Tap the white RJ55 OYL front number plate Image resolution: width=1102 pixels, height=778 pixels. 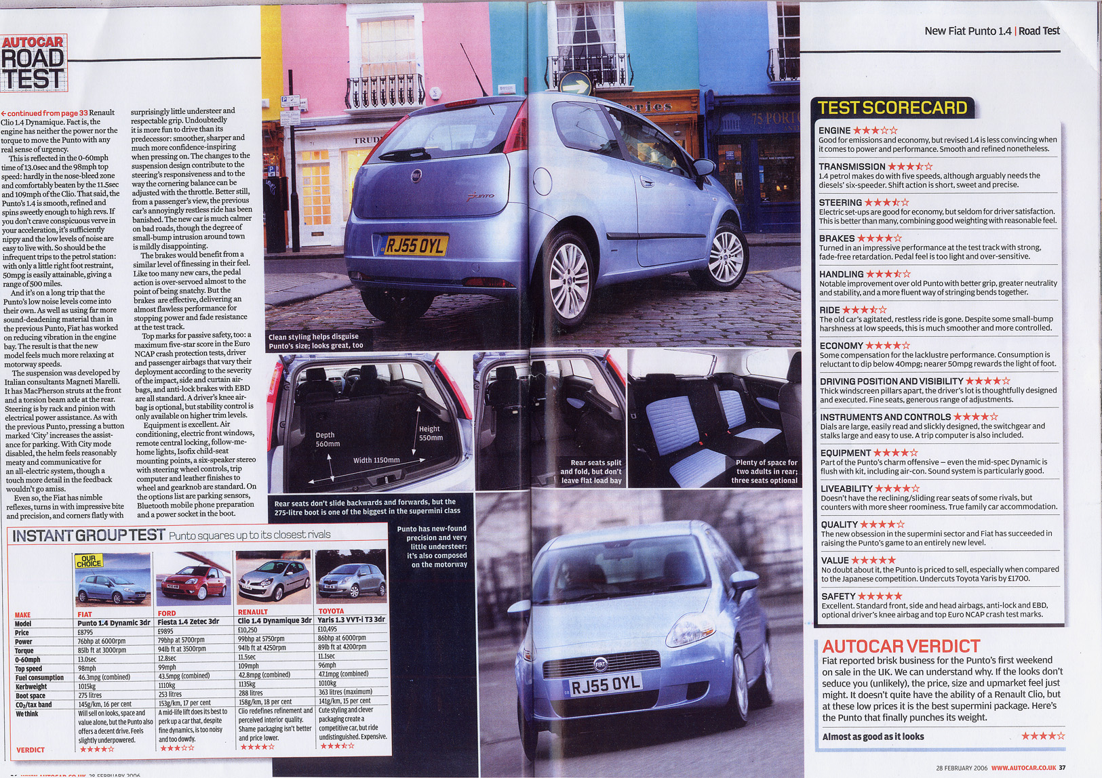pos(606,685)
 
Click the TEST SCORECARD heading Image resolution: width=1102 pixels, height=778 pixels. pos(892,108)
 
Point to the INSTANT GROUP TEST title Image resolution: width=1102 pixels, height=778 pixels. pos(89,535)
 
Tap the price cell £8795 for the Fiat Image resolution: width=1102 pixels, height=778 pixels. pos(85,632)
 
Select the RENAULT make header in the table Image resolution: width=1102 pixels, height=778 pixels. pos(252,611)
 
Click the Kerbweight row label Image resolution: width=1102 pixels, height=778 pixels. pos(31,687)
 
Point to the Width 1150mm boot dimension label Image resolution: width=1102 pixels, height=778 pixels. pos(376,460)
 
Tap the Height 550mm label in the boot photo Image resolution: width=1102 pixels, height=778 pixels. pos(430,433)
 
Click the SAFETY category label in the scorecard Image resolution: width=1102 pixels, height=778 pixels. pos(838,596)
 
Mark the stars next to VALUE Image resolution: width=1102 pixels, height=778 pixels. pos(873,560)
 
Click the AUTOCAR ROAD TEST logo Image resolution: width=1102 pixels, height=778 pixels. pos(33,62)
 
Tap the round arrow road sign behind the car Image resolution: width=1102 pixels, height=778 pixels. pos(574,85)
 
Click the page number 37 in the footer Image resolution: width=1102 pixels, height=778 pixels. pos(1063,768)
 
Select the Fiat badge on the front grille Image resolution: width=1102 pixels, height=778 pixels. pos(600,664)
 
